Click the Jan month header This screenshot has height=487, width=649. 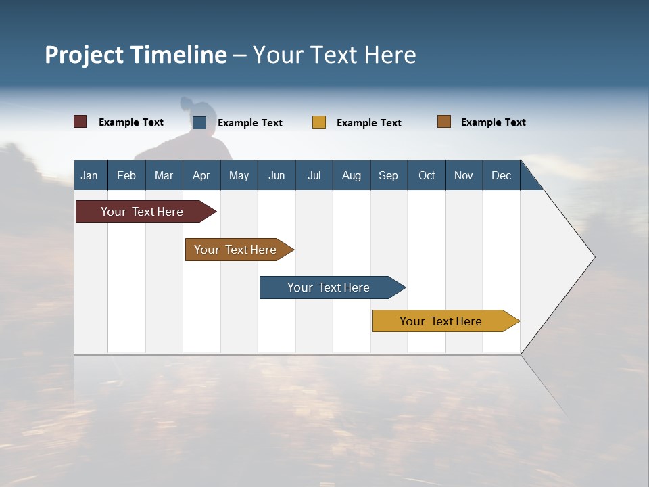pos(90,175)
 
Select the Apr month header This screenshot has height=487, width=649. pos(201,175)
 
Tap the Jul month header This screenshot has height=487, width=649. pos(314,175)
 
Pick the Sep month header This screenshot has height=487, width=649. pos(388,175)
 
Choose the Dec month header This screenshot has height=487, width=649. pos(501,175)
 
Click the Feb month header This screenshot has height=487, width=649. pos(126,175)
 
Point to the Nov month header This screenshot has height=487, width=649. pos(463,175)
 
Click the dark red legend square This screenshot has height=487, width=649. pos(80,122)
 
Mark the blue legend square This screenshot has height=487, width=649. pos(199,122)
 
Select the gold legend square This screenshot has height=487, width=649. pos(319,122)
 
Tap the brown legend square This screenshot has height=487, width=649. pos(444,122)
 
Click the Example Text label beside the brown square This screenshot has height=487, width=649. pos(493,122)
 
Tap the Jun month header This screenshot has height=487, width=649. pos(276,175)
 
